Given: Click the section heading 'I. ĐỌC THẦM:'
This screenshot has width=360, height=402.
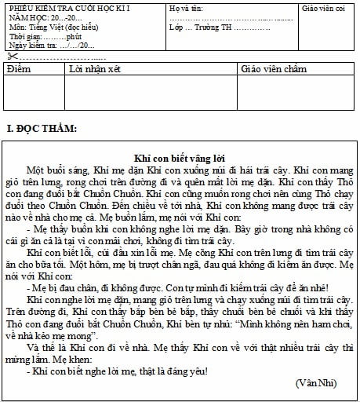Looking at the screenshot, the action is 42,127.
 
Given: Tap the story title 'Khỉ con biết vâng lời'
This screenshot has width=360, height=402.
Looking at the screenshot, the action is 180,156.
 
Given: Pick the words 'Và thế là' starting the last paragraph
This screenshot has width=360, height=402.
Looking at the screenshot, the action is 45,341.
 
